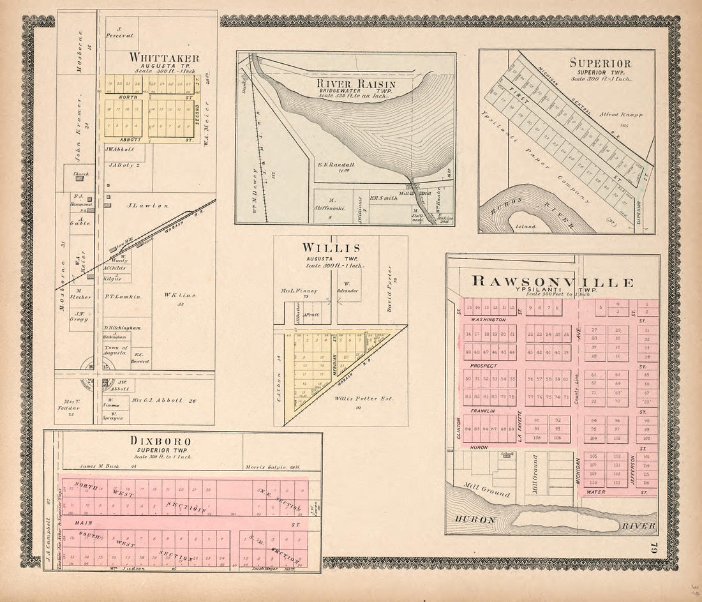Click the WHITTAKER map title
pyautogui.click(x=164, y=58)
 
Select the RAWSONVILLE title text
pyautogui.click(x=553, y=282)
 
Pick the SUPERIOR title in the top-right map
pyautogui.click(x=601, y=63)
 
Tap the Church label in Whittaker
pyautogui.click(x=81, y=174)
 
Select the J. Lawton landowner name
pyautogui.click(x=147, y=206)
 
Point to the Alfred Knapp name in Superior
pyautogui.click(x=620, y=115)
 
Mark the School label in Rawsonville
pyautogui.click(x=507, y=454)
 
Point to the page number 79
pyautogui.click(x=653, y=548)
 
